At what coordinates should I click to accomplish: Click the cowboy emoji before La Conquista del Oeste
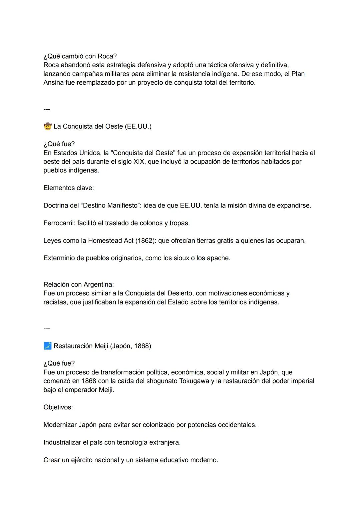48,127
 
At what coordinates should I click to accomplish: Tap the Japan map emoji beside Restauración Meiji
48,346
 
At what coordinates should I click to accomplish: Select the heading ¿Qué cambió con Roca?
80,56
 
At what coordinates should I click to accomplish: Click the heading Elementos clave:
69,188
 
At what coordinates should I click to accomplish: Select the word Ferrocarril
59,223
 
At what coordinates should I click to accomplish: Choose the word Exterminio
59,258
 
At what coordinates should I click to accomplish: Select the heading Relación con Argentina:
79,284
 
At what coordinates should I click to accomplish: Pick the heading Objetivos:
58,407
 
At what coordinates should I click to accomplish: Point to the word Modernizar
60,425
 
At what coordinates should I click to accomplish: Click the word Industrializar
62,442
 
